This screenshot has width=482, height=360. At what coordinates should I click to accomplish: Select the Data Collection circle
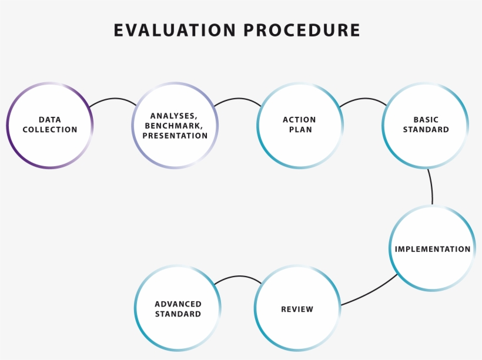coord(50,125)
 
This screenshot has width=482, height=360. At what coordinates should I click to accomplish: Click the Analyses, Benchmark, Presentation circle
coord(175,126)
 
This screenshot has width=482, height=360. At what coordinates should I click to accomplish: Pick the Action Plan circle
coord(300,125)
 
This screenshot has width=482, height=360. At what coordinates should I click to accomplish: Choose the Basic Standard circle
coord(426,125)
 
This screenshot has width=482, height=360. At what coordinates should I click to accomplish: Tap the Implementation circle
coord(433,249)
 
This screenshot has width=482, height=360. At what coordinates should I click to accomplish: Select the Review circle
coord(297,309)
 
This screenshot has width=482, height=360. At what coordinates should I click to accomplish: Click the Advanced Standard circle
coord(178,309)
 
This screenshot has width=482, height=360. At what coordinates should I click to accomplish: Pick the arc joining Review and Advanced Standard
coord(237,277)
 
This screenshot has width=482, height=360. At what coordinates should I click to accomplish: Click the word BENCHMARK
coord(175,126)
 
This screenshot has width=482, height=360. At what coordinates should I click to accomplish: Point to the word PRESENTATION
coord(175,136)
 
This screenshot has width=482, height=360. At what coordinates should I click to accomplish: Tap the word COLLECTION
coord(50,130)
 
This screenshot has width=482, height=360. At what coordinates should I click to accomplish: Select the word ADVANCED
coord(178,304)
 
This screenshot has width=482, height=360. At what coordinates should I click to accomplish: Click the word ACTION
coord(300,120)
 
